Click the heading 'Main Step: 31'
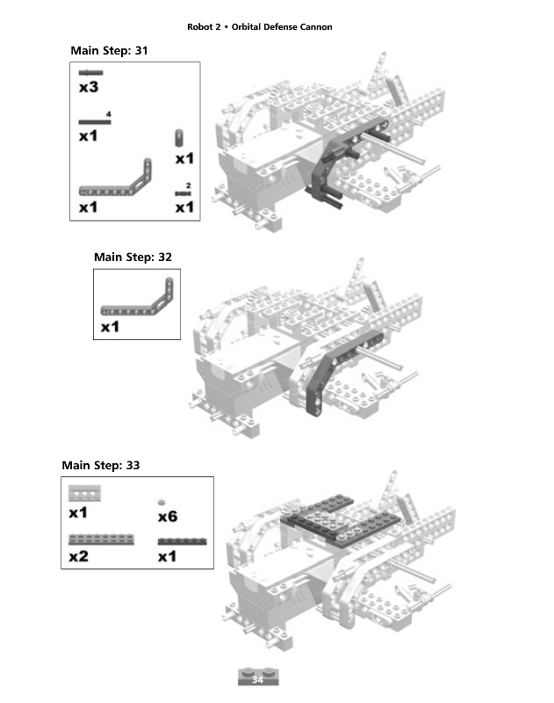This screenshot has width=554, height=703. [109, 51]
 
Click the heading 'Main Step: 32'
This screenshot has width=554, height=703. [133, 257]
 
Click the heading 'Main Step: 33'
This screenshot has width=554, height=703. [101, 465]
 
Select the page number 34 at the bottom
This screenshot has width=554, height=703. [258, 679]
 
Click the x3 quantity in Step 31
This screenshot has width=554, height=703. [88, 88]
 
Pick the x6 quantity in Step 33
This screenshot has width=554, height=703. [168, 517]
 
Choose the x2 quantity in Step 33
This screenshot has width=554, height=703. [79, 556]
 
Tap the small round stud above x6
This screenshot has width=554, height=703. [162, 502]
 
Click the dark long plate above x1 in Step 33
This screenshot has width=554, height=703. [182, 541]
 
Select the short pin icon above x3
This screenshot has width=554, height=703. [90, 73]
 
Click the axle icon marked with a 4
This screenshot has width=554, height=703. [94, 122]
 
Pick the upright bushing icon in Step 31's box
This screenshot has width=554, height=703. [179, 138]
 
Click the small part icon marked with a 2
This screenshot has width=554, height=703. [183, 192]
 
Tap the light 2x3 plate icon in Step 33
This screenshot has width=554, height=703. [85, 493]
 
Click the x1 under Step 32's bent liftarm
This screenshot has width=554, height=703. [110, 327]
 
